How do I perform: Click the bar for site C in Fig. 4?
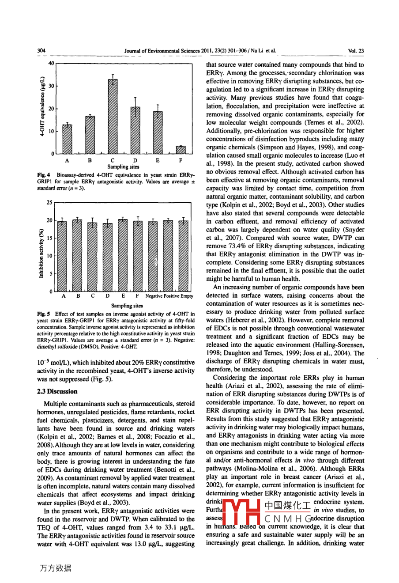click(x=113, y=116)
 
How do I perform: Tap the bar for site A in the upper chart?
click(x=67, y=139)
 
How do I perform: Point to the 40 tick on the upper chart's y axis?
click(x=51, y=63)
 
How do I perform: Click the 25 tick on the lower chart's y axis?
click(x=49, y=203)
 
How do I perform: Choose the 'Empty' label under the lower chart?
click(x=186, y=296)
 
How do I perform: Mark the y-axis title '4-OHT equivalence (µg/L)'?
click(x=42, y=108)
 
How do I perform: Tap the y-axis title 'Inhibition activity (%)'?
click(x=41, y=253)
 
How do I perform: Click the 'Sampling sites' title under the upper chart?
click(x=123, y=167)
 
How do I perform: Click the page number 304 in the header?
click(x=42, y=51)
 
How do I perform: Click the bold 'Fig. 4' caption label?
click(x=42, y=175)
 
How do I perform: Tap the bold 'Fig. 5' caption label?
click(x=42, y=314)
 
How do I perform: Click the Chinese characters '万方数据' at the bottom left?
click(x=56, y=568)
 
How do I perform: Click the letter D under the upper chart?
click(x=135, y=160)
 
